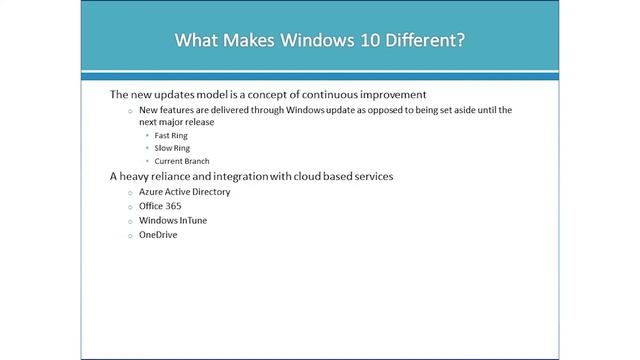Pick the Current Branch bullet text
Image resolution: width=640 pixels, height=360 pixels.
click(x=182, y=160)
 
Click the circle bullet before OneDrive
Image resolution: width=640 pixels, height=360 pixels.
click(x=130, y=236)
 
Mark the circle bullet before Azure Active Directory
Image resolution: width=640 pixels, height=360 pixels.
click(x=130, y=191)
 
